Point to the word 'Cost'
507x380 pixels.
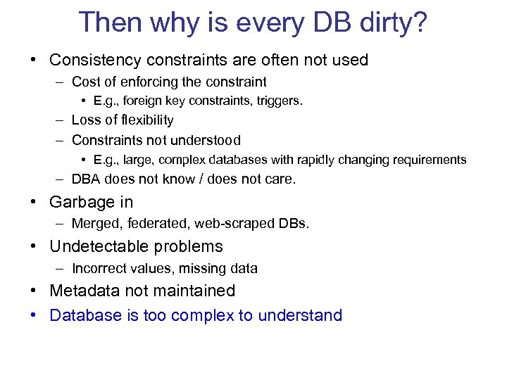tap(86, 82)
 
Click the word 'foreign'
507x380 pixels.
tap(146, 101)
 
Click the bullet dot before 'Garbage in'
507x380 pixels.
tap(34, 203)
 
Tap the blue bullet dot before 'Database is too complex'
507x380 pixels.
tap(34, 315)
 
